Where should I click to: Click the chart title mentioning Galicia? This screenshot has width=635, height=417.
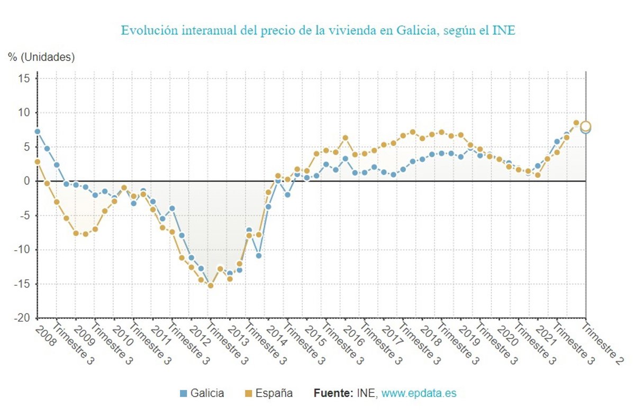pyautogui.click(x=318, y=30)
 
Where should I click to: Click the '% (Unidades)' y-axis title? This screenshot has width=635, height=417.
pyautogui.click(x=41, y=57)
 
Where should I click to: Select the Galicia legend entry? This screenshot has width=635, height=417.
pyautogui.click(x=202, y=393)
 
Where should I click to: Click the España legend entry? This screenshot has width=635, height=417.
pyautogui.click(x=268, y=393)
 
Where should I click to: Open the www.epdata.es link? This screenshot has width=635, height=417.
pyautogui.click(x=419, y=393)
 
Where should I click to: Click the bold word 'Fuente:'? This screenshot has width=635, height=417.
pyautogui.click(x=333, y=393)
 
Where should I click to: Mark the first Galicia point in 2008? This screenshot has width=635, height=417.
pyautogui.click(x=37, y=132)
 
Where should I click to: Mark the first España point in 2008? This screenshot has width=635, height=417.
pyautogui.click(x=37, y=162)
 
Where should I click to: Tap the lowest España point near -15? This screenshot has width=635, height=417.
pyautogui.click(x=210, y=285)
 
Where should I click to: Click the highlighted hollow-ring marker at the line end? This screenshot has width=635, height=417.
pyautogui.click(x=585, y=126)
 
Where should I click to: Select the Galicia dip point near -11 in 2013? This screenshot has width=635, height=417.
pyautogui.click(x=259, y=255)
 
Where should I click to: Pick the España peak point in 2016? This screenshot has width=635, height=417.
pyautogui.click(x=345, y=138)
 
